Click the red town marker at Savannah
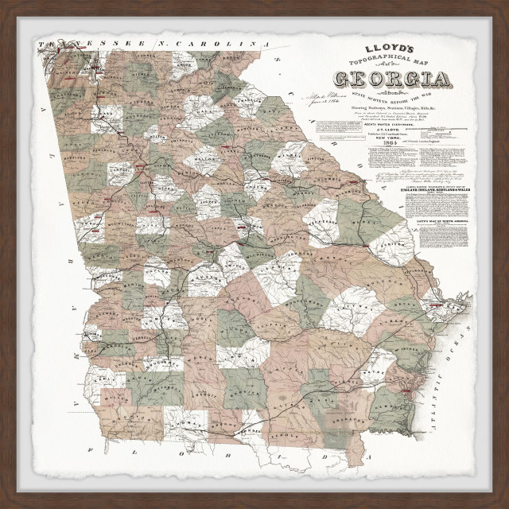pyautogui.click(x=436, y=305)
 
